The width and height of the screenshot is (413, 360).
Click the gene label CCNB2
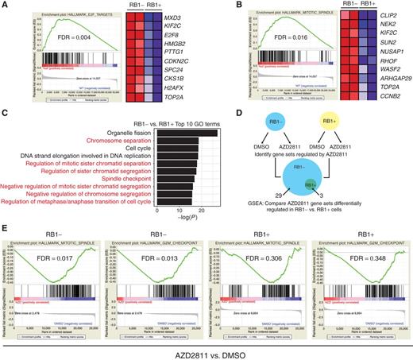[x=382, y=101]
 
